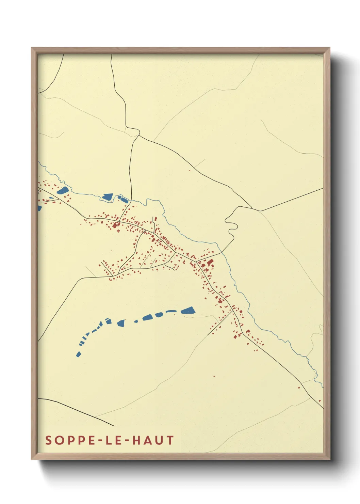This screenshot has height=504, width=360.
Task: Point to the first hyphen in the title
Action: [94, 440]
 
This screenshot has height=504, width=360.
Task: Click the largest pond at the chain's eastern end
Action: [188, 310]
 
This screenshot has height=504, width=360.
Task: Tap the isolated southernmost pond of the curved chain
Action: [79, 354]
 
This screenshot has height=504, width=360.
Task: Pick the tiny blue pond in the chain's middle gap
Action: [136, 321]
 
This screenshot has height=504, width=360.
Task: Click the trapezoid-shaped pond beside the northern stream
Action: [108, 197]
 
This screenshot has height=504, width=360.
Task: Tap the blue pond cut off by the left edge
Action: [39, 208]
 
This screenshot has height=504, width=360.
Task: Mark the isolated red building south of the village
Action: [214, 376]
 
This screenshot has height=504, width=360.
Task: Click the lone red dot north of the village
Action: [190, 170]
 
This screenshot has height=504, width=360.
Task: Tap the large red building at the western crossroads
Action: [115, 225]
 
